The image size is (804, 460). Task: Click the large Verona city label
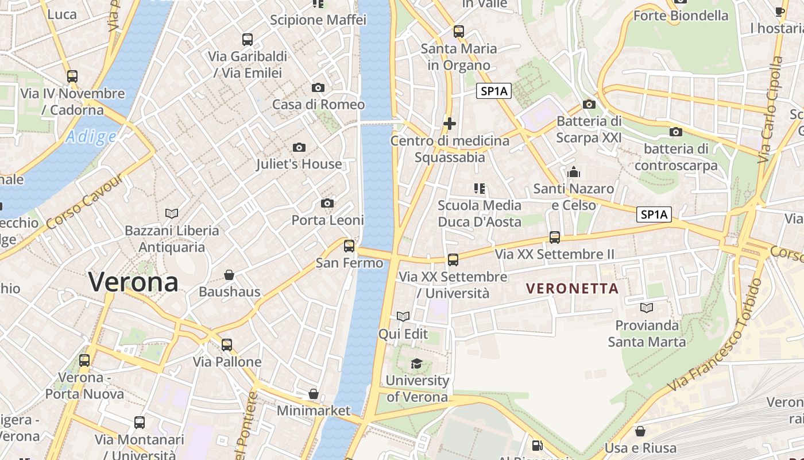(133, 282)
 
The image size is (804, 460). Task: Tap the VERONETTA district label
(572, 288)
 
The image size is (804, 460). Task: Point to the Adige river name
(91, 137)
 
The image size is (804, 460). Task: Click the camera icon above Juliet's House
(299, 148)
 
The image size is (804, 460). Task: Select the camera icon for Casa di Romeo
(318, 88)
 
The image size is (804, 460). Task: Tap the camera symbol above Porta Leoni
(327, 204)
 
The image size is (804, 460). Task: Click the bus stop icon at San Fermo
(349, 246)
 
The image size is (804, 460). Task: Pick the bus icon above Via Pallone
(227, 345)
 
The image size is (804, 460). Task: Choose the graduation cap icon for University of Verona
(416, 363)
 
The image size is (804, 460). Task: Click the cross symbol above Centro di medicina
(450, 123)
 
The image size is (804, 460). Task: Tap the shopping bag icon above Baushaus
(229, 275)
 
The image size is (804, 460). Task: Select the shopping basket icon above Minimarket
(313, 394)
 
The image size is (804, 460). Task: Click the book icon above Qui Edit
(403, 316)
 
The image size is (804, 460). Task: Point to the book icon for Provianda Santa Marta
(647, 308)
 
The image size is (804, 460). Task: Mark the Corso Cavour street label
(86, 201)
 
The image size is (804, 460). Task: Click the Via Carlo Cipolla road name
(770, 109)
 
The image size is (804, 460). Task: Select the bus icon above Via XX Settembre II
(554, 237)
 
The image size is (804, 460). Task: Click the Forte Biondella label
(681, 16)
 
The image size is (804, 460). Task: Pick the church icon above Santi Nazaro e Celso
(573, 172)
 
